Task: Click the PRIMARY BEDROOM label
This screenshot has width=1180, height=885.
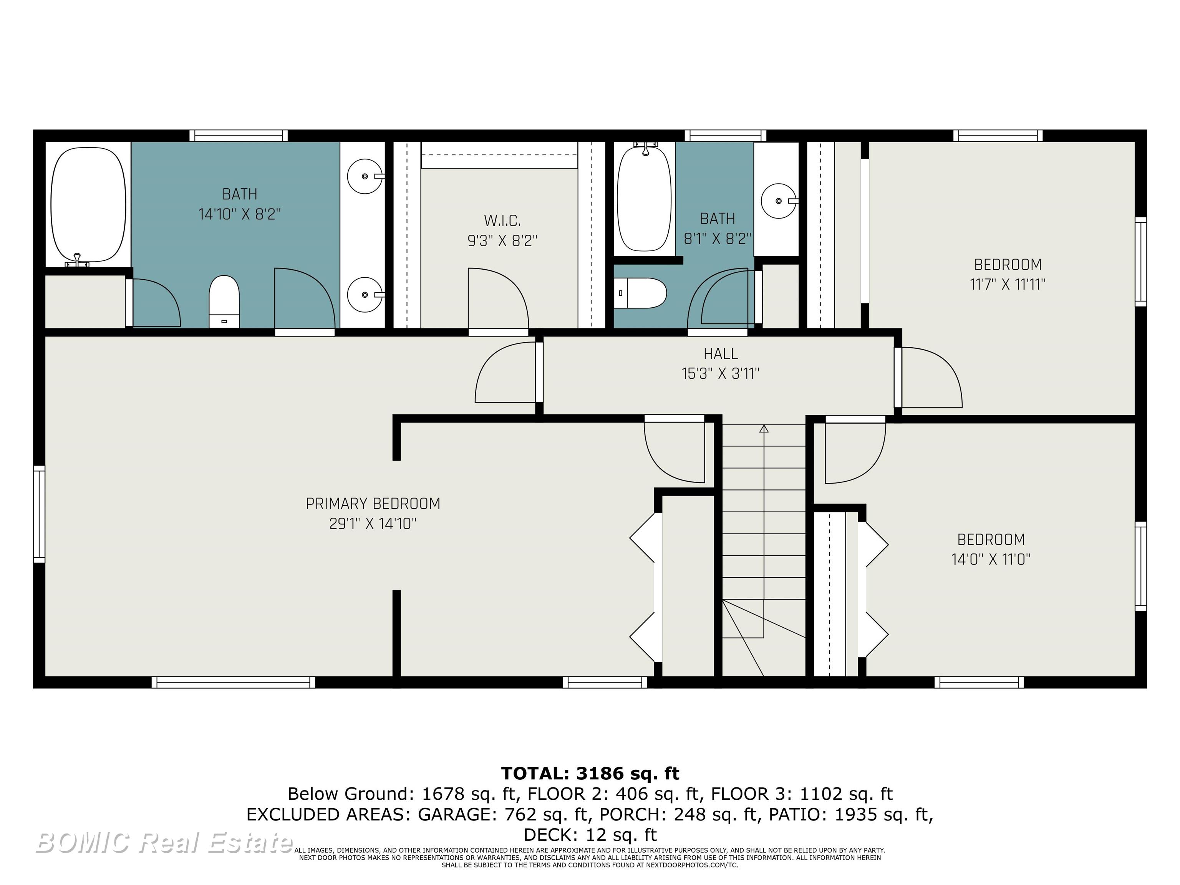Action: [373, 504]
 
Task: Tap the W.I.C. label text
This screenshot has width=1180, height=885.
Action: [502, 220]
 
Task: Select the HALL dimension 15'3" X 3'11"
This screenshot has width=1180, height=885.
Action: [720, 373]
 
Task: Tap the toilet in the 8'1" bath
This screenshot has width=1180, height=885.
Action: [641, 293]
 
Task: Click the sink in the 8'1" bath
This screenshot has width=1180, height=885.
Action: [779, 201]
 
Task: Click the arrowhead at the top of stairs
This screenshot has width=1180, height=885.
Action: [764, 428]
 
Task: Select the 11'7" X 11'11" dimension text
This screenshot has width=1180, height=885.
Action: [1007, 284]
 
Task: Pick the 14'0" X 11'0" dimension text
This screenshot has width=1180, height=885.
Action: [991, 559]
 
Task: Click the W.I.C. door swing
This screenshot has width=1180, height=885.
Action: [498, 299]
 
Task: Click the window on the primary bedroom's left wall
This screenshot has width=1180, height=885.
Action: [39, 514]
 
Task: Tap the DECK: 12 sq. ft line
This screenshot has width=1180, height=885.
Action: [590, 834]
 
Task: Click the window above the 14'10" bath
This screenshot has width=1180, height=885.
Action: [239, 136]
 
